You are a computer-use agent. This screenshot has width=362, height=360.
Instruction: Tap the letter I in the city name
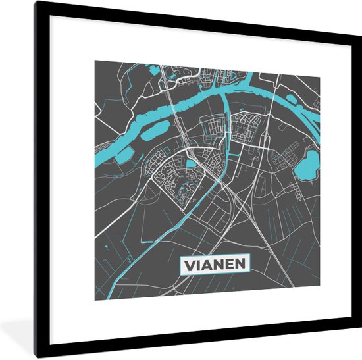pos(200,265)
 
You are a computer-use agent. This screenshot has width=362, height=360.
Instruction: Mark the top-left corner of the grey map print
pos(95,61)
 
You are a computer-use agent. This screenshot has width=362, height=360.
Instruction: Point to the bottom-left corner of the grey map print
pos(95,299)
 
